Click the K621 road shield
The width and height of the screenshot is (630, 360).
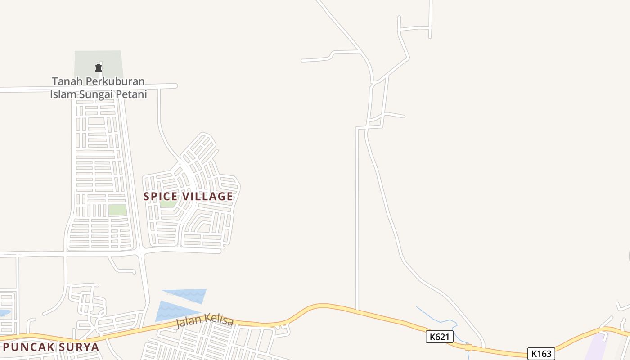tap(439, 337)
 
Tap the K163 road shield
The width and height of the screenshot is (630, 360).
tap(541, 354)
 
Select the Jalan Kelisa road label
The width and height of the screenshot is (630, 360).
tap(205, 321)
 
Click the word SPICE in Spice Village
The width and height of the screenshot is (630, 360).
tap(160, 197)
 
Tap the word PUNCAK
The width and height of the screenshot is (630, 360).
tap(28, 347)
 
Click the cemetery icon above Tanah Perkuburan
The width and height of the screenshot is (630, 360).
tap(98, 68)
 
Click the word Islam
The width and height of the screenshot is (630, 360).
tap(63, 94)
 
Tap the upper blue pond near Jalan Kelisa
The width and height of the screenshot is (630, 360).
tap(189, 294)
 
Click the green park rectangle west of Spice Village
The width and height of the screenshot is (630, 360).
tap(117, 210)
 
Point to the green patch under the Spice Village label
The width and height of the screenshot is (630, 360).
tap(168, 204)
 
